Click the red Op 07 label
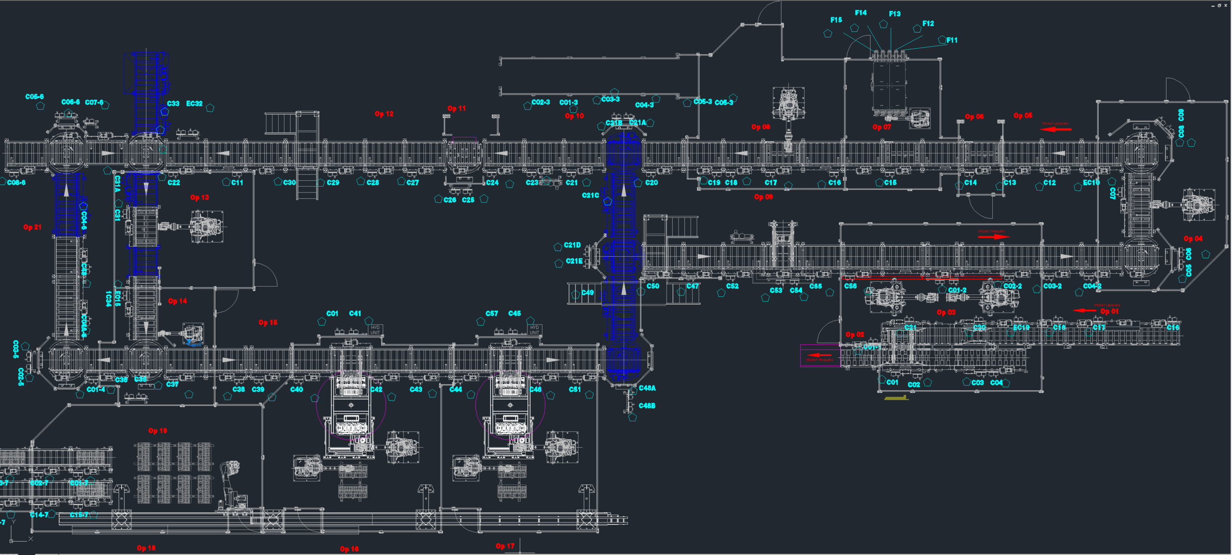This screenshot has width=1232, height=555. coord(882,127)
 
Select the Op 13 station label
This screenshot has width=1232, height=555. coord(199,197)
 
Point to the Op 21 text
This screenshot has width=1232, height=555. coord(32,227)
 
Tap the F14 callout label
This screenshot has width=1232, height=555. coord(860,13)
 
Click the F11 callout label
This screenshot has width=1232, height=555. coord(951,40)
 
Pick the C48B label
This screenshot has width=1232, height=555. coord(647,406)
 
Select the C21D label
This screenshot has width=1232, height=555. coord(572,245)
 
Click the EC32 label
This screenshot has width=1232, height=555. coord(194,104)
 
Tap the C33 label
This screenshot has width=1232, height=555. coord(173,104)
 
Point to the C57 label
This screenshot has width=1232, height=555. coord(492,314)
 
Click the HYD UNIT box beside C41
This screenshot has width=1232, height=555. coord(375,330)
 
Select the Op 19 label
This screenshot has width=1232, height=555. coord(158,431)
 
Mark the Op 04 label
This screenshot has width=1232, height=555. coord(1193,239)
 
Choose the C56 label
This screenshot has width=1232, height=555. coord(850,286)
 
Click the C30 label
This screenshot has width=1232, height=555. coord(289,183)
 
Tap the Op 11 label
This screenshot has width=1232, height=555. coord(457,109)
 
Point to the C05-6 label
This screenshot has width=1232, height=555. coord(35,97)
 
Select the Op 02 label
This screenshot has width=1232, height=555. coord(855,335)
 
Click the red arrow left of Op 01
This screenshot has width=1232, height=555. coord(1085,311)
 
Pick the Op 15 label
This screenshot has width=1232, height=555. coord(268,323)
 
